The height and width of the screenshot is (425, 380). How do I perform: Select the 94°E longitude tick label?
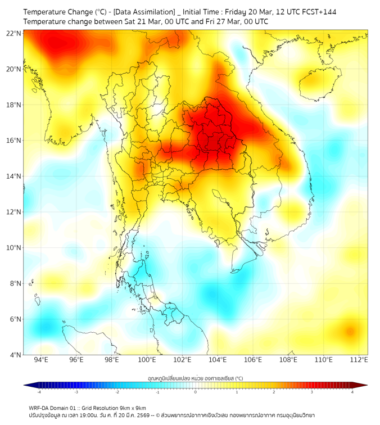pyautogui.click(x=41, y=360)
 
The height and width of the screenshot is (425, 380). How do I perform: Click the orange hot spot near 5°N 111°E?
pyautogui.click(x=350, y=332)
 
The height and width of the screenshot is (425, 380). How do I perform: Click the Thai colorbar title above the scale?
pyautogui.click(x=195, y=378)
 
